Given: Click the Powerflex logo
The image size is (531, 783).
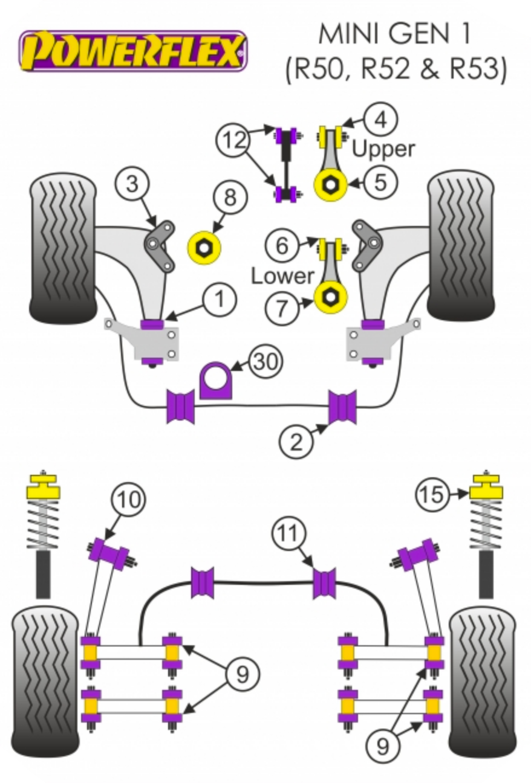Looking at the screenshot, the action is [x=133, y=51].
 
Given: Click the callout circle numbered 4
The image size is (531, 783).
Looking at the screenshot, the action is [x=380, y=120].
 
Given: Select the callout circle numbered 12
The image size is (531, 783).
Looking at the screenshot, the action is [x=233, y=141].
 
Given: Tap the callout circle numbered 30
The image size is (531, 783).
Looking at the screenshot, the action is [x=266, y=361].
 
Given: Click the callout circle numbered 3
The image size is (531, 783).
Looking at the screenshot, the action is [x=132, y=183].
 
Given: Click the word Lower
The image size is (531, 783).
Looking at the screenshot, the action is [x=282, y=276].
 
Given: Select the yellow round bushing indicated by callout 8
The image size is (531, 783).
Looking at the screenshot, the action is [x=204, y=248].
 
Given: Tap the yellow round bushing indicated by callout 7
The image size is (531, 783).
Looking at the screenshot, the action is [x=330, y=297].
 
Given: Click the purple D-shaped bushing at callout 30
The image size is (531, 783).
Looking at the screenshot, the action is [x=216, y=381].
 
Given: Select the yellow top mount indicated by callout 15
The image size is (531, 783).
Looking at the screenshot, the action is [x=486, y=486].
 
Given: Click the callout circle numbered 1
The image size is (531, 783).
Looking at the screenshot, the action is [x=220, y=299].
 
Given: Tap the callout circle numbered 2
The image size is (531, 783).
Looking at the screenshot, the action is [x=296, y=441].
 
